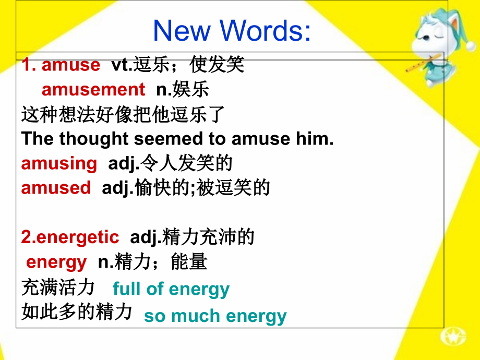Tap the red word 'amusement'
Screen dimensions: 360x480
[93, 90]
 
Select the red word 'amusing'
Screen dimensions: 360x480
[59, 163]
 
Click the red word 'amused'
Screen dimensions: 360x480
[56, 188]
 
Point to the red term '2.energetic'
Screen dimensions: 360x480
[70, 237]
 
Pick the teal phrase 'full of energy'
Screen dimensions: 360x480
[171, 289]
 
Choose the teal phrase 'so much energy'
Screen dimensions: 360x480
[215, 316]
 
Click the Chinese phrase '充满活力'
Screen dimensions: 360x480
[58, 287]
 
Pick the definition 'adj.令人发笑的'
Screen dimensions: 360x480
[170, 163]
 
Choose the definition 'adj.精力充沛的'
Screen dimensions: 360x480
[192, 237]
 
